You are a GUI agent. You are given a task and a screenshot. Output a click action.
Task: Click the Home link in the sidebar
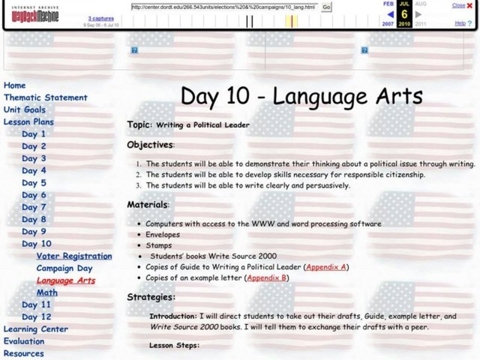point(14,85)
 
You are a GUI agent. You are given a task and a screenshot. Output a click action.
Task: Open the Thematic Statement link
point(46,97)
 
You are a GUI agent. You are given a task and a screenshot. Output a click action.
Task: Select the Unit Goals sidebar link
point(25,110)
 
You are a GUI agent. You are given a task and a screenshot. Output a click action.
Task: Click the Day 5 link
point(34,183)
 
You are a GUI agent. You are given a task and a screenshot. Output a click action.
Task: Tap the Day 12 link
point(37,317)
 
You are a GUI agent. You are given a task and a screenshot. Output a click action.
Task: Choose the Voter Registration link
point(74,256)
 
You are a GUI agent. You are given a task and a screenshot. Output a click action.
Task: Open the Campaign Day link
point(64,268)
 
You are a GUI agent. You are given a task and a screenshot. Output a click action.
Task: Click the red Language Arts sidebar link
point(65,280)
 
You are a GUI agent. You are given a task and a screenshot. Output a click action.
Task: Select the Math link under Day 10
point(47,293)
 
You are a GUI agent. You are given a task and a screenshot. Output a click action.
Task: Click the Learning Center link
point(36,329)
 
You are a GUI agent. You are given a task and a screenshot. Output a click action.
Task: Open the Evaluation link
point(24,341)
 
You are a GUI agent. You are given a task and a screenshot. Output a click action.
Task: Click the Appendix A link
point(326,267)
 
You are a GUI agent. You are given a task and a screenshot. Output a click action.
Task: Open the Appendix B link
point(268,278)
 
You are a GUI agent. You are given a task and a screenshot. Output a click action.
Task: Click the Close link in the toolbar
point(458,5)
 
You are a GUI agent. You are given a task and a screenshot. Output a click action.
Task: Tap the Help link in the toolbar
point(460,23)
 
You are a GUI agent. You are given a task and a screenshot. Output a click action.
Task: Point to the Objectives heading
point(150,145)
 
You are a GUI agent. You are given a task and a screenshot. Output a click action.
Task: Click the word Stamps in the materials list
point(158,245)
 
